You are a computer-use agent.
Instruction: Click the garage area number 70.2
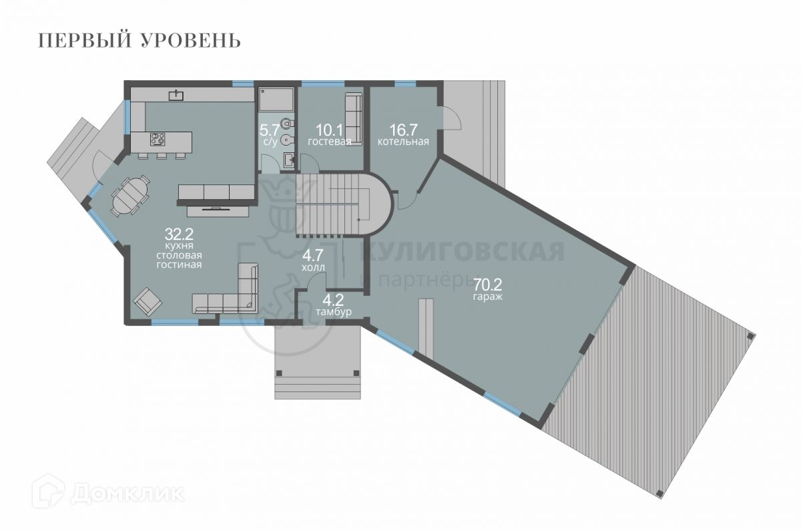click(488, 285)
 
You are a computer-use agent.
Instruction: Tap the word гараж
click(488, 297)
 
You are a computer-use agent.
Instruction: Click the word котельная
click(403, 142)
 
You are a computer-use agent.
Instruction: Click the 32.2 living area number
click(179, 234)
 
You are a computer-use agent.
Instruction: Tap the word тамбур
click(334, 312)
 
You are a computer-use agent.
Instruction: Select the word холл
click(313, 267)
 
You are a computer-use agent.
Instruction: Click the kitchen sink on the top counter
click(176, 95)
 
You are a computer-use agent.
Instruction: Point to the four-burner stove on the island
click(158, 139)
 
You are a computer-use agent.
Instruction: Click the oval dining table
click(130, 196)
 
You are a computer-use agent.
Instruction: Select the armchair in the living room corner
click(148, 302)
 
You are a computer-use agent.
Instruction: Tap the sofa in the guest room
click(353, 119)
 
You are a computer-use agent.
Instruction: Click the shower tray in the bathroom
click(276, 99)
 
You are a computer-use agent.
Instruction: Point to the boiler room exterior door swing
click(451, 118)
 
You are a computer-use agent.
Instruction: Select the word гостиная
click(179, 265)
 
